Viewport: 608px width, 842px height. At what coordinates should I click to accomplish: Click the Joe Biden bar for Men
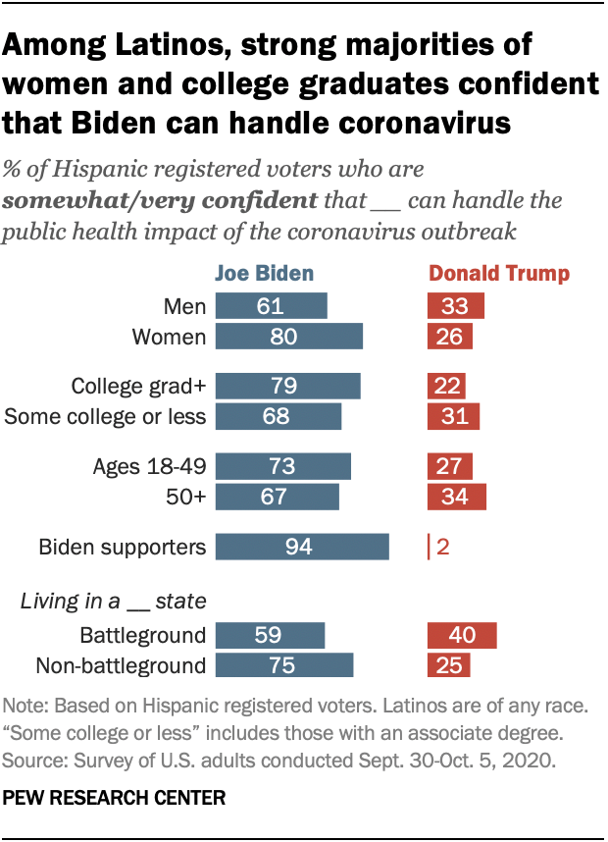271,306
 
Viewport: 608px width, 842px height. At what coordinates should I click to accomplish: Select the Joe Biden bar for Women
288,337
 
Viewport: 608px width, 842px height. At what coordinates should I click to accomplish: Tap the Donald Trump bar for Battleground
462,635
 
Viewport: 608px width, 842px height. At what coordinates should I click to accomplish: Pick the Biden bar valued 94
302,547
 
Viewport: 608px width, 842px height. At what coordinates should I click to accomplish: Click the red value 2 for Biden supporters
443,547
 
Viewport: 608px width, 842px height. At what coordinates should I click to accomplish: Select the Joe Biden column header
265,274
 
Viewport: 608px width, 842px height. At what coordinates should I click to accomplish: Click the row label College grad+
138,386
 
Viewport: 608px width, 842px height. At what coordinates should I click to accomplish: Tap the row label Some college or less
105,416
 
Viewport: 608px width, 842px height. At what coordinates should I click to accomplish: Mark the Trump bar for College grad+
446,386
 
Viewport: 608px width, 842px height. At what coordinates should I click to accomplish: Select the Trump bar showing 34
456,497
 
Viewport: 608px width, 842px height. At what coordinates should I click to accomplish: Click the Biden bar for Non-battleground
284,665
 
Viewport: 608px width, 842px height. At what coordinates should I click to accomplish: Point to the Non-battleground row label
120,665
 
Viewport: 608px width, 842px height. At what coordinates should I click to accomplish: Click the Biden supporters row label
122,547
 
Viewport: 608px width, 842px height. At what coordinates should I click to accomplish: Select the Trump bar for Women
450,337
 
